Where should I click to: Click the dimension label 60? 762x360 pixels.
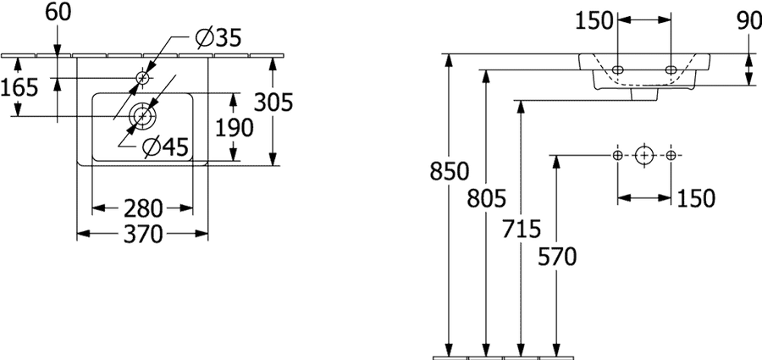[x=58, y=13]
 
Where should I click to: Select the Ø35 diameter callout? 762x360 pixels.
[x=218, y=38]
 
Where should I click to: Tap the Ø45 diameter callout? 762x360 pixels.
[x=165, y=147]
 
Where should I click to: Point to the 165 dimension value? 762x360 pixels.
[x=19, y=87]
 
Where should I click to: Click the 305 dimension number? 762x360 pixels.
[x=273, y=102]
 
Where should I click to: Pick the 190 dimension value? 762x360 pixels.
[x=235, y=127]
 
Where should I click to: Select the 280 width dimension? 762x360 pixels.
[x=142, y=208]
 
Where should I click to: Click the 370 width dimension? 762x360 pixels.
[x=142, y=235]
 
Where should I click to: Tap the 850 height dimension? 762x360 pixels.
[x=449, y=171]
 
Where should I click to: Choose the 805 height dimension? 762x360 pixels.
[x=487, y=198]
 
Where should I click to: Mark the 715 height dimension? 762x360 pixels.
[x=522, y=230]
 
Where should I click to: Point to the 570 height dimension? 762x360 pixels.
[x=557, y=257]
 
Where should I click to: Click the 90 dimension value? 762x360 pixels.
[x=749, y=21]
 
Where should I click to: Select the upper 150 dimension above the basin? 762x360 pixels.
[x=594, y=21]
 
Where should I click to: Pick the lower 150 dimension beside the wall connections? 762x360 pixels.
[x=696, y=198]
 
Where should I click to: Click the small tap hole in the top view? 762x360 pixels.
[x=143, y=77]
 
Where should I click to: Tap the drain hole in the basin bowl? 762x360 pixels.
[x=142, y=116]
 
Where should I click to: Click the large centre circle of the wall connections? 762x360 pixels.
[x=644, y=155]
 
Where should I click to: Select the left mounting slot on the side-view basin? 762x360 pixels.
[x=618, y=69]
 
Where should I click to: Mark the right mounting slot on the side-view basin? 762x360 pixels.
[x=671, y=69]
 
